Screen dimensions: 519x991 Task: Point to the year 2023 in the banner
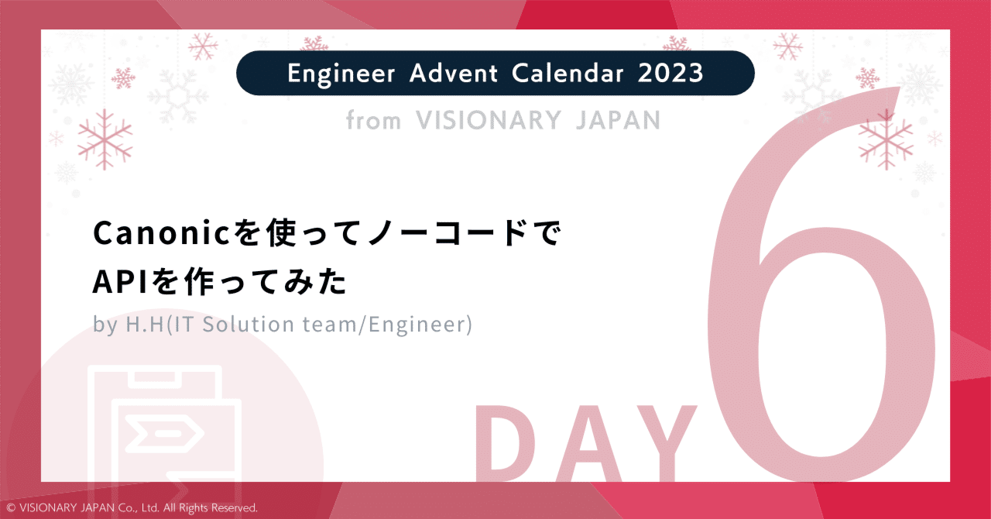pyautogui.click(x=671, y=74)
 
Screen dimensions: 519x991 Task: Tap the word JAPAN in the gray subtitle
pyautogui.click(x=617, y=121)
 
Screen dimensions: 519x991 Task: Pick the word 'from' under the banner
pyautogui.click(x=373, y=121)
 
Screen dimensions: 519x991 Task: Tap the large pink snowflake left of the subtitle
pyautogui.click(x=105, y=139)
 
